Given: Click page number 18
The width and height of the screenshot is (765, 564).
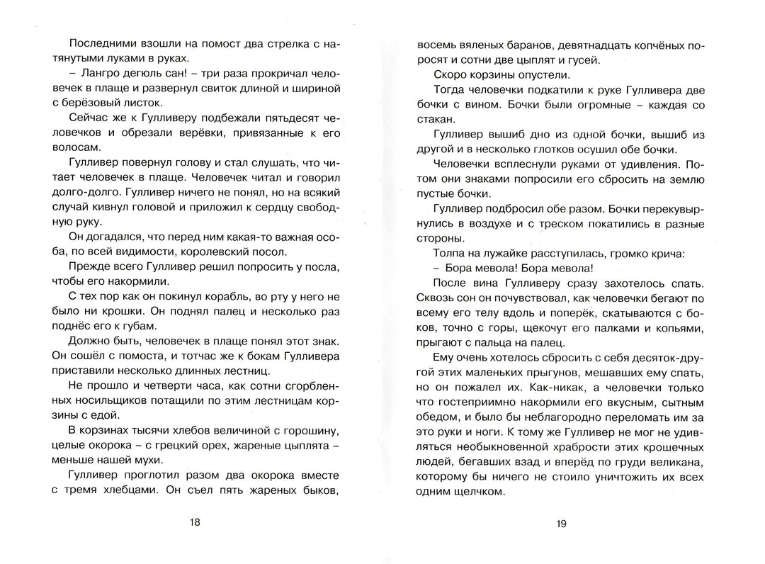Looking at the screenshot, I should pos(195,523).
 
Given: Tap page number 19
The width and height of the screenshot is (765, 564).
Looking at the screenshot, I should pos(561,524).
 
